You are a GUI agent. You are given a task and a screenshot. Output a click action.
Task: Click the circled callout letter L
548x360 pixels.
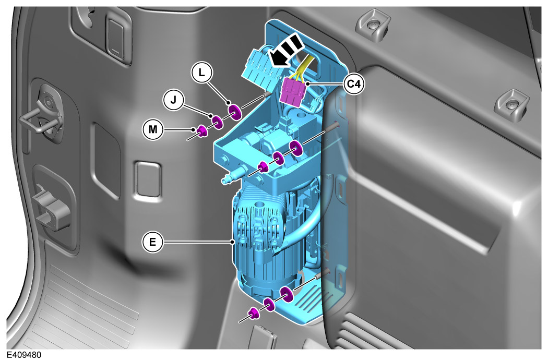tap(201, 73)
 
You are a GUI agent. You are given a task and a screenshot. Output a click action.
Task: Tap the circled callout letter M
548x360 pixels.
tap(153, 130)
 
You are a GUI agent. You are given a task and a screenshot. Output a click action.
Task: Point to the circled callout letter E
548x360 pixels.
tap(152, 242)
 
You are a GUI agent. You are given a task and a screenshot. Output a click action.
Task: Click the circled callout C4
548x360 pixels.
tap(354, 84)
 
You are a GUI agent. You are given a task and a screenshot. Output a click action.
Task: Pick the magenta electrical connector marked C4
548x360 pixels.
tap(293, 91)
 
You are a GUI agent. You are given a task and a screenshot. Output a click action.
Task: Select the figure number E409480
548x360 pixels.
tap(24, 355)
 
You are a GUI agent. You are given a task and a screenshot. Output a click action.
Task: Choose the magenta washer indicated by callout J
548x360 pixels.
tap(217, 122)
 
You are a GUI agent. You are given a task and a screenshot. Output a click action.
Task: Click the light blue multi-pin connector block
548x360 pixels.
tap(260, 68)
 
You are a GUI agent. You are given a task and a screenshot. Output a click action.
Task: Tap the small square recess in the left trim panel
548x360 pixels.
tap(148, 179)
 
